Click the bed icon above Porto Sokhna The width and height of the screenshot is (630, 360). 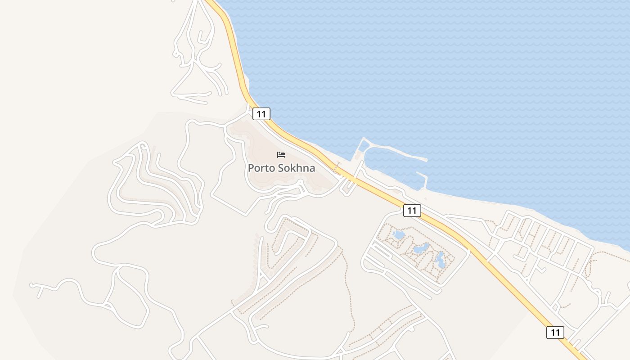[x=281, y=155]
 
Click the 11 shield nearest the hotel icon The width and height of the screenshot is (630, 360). [x=261, y=114]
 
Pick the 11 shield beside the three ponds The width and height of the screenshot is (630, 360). [x=412, y=210]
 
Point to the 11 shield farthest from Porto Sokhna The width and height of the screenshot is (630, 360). [x=555, y=333]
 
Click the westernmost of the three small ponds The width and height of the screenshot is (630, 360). [x=399, y=235]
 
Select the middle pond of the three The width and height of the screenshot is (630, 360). [x=421, y=248]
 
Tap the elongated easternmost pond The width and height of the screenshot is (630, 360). [x=441, y=260]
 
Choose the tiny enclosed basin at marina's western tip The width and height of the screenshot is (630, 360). [x=363, y=146]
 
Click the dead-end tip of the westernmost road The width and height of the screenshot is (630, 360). [x=32, y=285]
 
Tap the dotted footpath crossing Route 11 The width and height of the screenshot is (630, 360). [x=337, y=168]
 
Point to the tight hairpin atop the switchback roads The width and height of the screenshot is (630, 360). [x=144, y=145]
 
